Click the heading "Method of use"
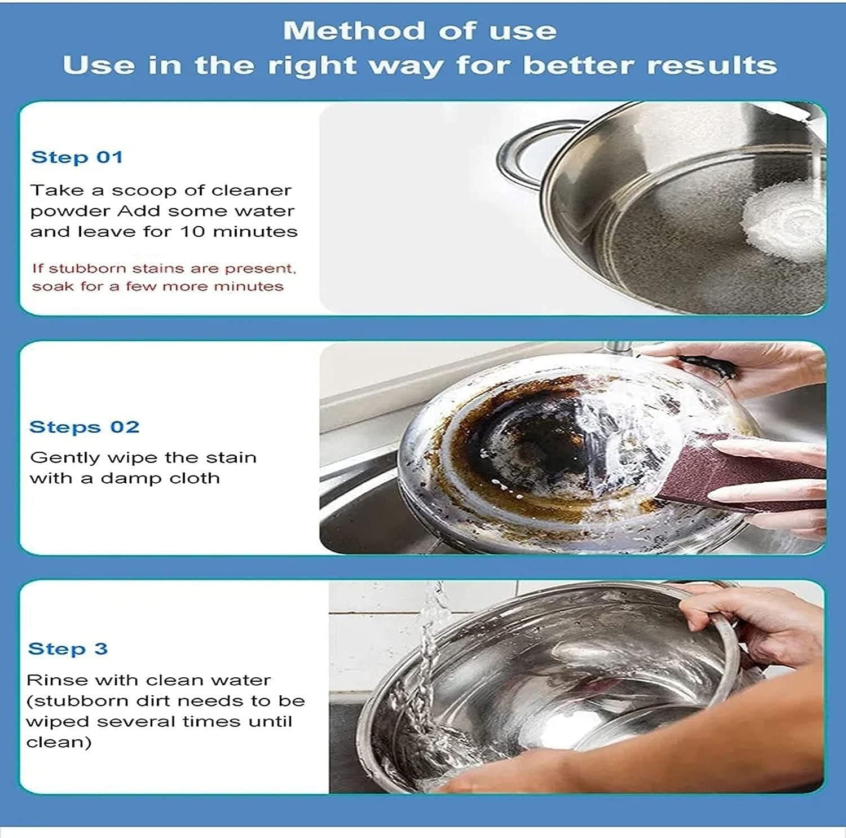coord(420,30)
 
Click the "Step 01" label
coord(77,157)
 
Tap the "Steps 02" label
coord(84,427)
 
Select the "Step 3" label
coord(68,649)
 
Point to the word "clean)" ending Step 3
coord(59,742)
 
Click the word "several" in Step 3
coord(122,722)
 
